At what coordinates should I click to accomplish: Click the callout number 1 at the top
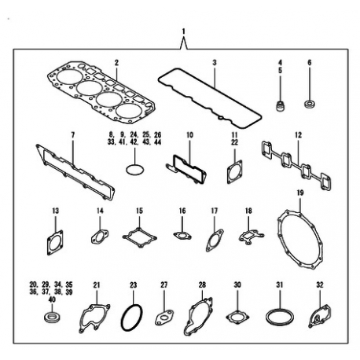pyautogui.click(x=184, y=31)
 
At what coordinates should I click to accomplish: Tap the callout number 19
pyautogui.click(x=300, y=193)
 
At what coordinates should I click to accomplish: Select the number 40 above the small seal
pyautogui.click(x=52, y=299)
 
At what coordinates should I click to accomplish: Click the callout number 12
pyautogui.click(x=298, y=135)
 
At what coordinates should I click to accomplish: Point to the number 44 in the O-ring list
pyautogui.click(x=158, y=142)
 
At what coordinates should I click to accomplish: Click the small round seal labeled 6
pyautogui.click(x=310, y=104)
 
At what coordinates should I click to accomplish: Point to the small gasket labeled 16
pyautogui.click(x=182, y=236)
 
